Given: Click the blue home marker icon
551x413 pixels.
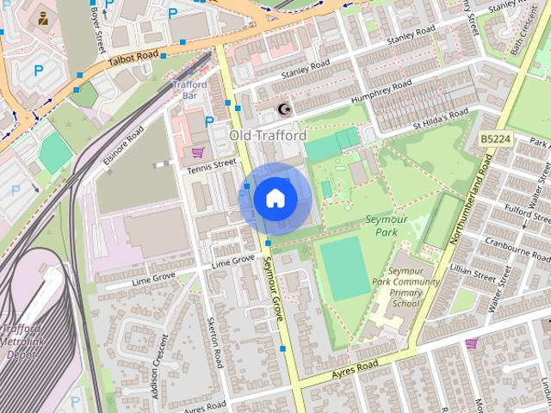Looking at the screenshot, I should [x=275, y=199].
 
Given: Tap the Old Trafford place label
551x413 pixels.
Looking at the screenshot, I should [x=268, y=136].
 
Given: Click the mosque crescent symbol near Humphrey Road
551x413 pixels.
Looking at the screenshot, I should [x=285, y=109].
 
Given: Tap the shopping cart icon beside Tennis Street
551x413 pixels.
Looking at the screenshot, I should [x=198, y=152].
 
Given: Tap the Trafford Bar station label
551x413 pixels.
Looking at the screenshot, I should [x=189, y=90].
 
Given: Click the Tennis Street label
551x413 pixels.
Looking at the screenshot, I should [x=211, y=163].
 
